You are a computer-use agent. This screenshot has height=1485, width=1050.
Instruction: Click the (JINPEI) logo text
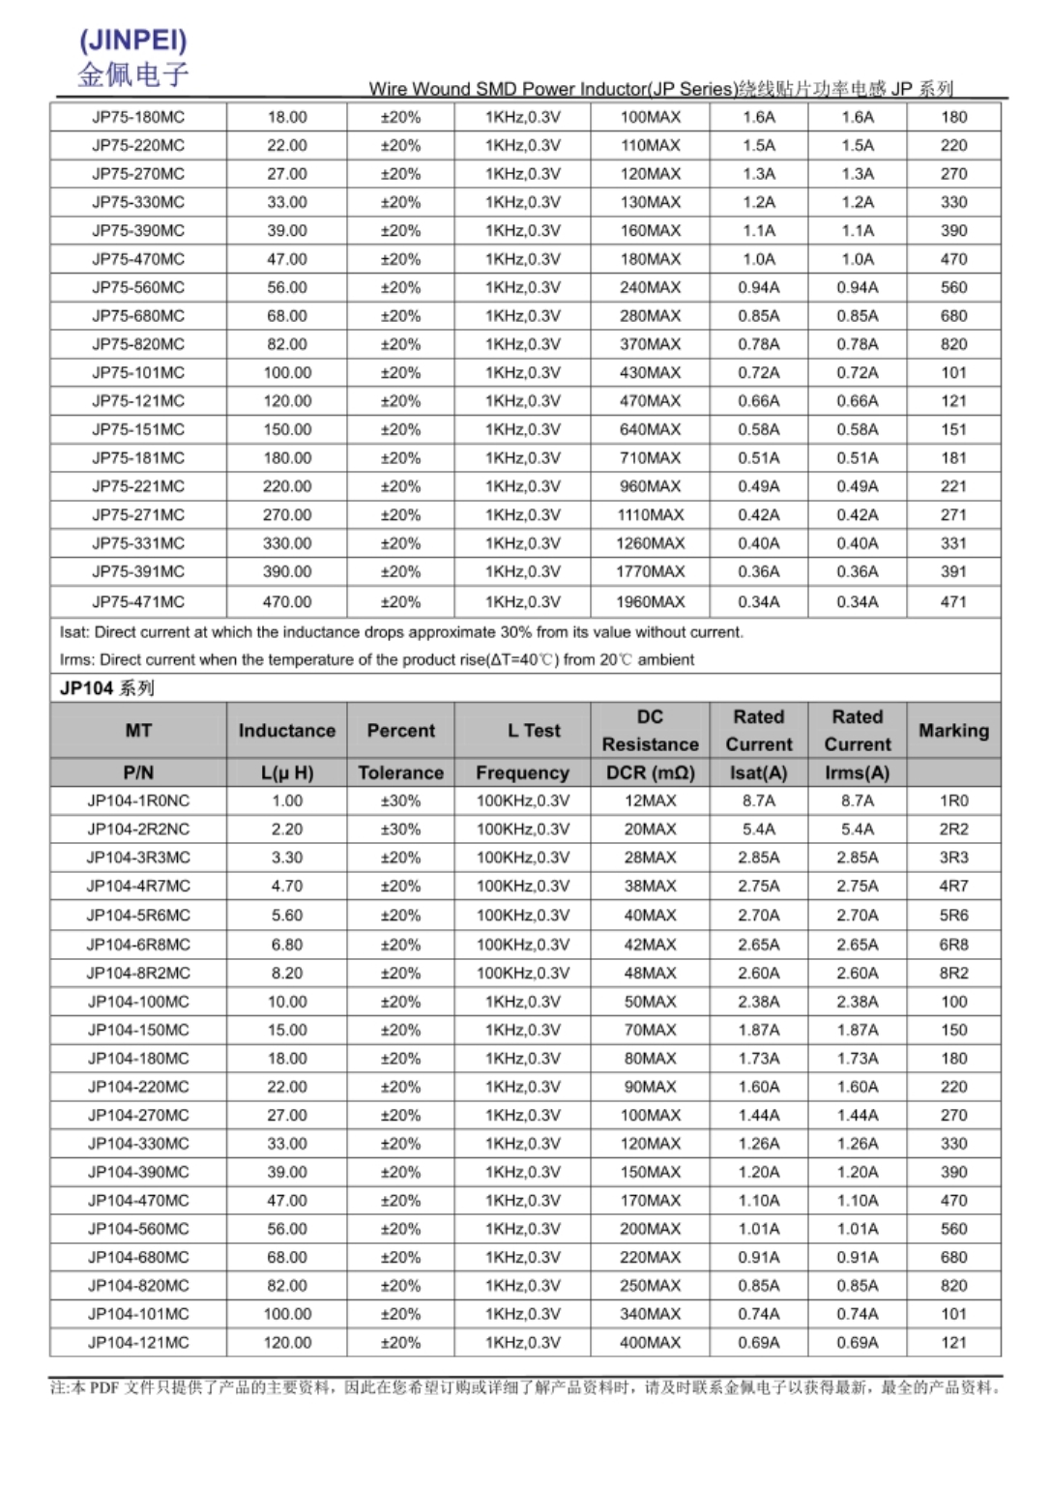[132, 40]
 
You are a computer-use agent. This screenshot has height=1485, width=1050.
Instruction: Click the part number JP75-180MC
[138, 117]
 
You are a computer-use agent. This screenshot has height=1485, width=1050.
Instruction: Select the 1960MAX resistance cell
[650, 601]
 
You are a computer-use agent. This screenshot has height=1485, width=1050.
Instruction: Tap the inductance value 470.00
[287, 601]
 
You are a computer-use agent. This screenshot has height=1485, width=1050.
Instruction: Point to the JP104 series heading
[106, 688]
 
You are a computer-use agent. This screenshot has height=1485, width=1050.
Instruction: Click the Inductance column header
[287, 731]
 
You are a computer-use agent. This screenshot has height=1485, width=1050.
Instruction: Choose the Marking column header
[953, 731]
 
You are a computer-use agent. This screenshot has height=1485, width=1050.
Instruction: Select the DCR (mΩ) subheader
[650, 772]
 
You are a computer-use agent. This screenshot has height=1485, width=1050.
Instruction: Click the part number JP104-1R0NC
[138, 801]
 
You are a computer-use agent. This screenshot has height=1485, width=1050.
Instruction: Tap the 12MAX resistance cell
[650, 801]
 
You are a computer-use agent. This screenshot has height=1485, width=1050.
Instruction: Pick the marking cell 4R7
[953, 886]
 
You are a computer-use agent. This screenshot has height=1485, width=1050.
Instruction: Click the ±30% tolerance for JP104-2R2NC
[400, 829]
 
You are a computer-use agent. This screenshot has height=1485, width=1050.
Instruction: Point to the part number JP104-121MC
[138, 1342]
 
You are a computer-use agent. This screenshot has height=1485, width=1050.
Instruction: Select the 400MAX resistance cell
[650, 1342]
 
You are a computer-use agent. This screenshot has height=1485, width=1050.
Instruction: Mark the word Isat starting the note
[73, 632]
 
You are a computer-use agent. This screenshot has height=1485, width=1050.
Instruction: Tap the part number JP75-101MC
[138, 372]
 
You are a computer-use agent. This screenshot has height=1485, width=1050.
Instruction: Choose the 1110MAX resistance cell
[650, 514]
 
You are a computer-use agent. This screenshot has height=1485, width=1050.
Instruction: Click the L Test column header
[534, 731]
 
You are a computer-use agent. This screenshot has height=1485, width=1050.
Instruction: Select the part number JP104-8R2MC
[138, 973]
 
